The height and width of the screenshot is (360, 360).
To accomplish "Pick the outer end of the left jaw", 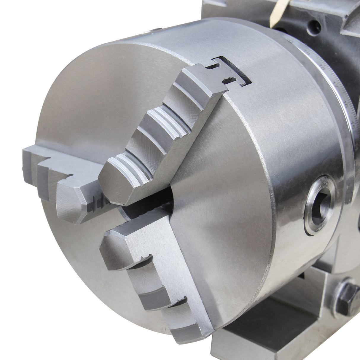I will [30, 157].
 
